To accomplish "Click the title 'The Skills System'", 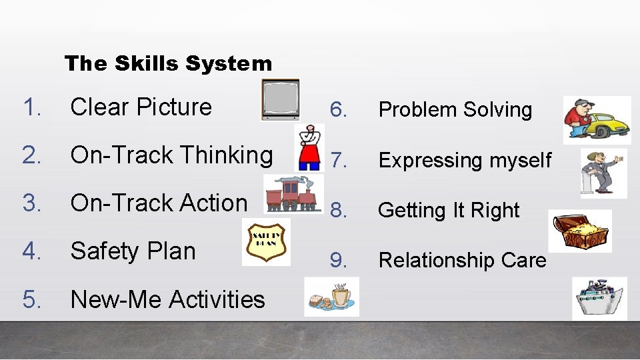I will coord(168,63).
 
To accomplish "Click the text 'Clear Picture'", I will coord(141,107).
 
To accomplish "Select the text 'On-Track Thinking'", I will coord(171,155).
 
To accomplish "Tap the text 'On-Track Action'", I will coord(159,203).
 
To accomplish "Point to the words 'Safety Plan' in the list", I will coord(133,251).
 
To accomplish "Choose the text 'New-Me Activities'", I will coord(167,299).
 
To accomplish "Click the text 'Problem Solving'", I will coord(455,110).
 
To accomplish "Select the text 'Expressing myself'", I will coord(465,160).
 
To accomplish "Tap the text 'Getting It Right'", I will coord(448,210).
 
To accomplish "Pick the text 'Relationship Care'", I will coord(462,260).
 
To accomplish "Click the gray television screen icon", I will coord(280,99).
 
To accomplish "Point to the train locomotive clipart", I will coord(292,194).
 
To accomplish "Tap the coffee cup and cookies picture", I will coord(331,297).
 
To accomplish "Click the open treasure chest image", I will coord(579,231).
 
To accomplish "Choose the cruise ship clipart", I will coord(599,299).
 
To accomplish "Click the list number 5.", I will coord(31,299).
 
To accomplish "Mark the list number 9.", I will coord(339,260).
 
